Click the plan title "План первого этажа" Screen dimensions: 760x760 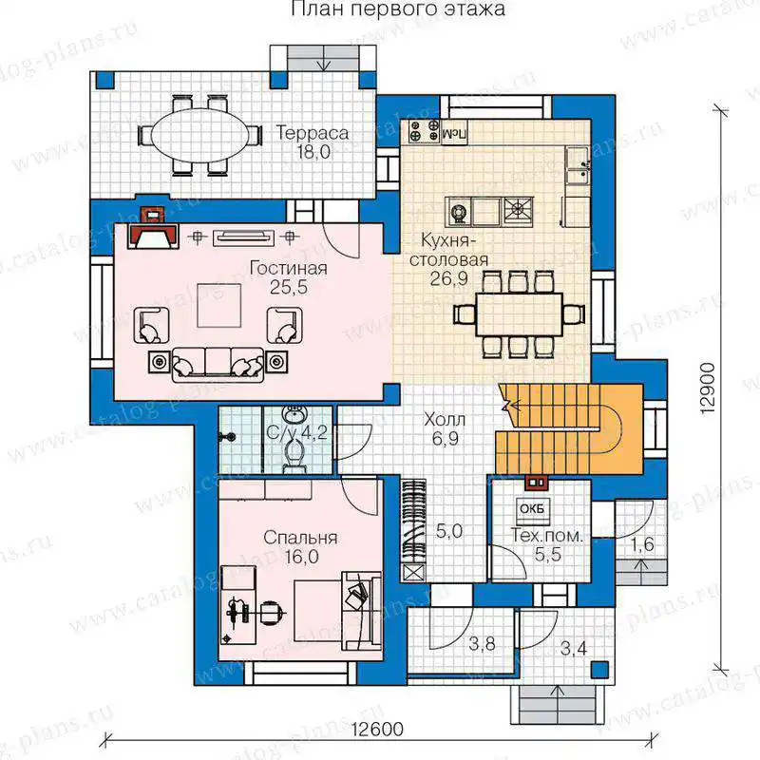click(398, 9)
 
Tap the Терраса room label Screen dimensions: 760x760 click(313, 133)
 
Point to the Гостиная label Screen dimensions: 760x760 click(289, 268)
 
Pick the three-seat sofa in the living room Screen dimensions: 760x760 click(218, 365)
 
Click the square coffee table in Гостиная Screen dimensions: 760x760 click(219, 305)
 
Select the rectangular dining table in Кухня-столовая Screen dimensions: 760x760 click(519, 314)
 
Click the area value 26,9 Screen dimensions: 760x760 click(448, 278)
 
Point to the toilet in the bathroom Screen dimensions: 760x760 click(294, 457)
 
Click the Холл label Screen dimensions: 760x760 click(445, 420)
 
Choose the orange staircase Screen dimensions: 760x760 click(569, 429)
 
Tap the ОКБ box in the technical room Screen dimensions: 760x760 click(532, 510)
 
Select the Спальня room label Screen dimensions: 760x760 click(300, 538)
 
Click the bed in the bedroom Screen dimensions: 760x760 click(338, 610)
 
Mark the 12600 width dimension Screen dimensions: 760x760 click(377, 729)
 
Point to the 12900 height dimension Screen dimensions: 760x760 click(708, 388)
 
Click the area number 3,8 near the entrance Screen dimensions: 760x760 click(482, 644)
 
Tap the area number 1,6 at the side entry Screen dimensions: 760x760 click(642, 544)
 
